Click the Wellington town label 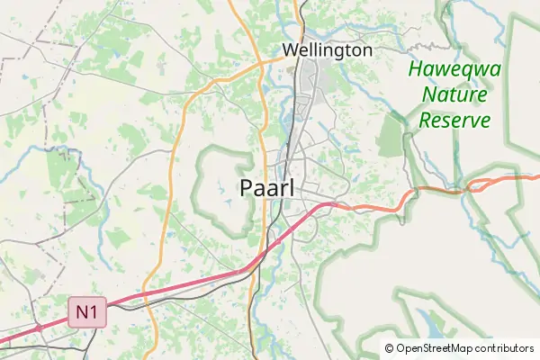[327, 50]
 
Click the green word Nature [454, 94]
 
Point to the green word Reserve [454, 120]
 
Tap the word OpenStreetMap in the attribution [435, 348]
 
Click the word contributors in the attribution [505, 348]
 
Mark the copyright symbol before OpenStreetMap [390, 348]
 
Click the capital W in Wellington [290, 50]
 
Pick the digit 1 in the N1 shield [94, 313]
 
